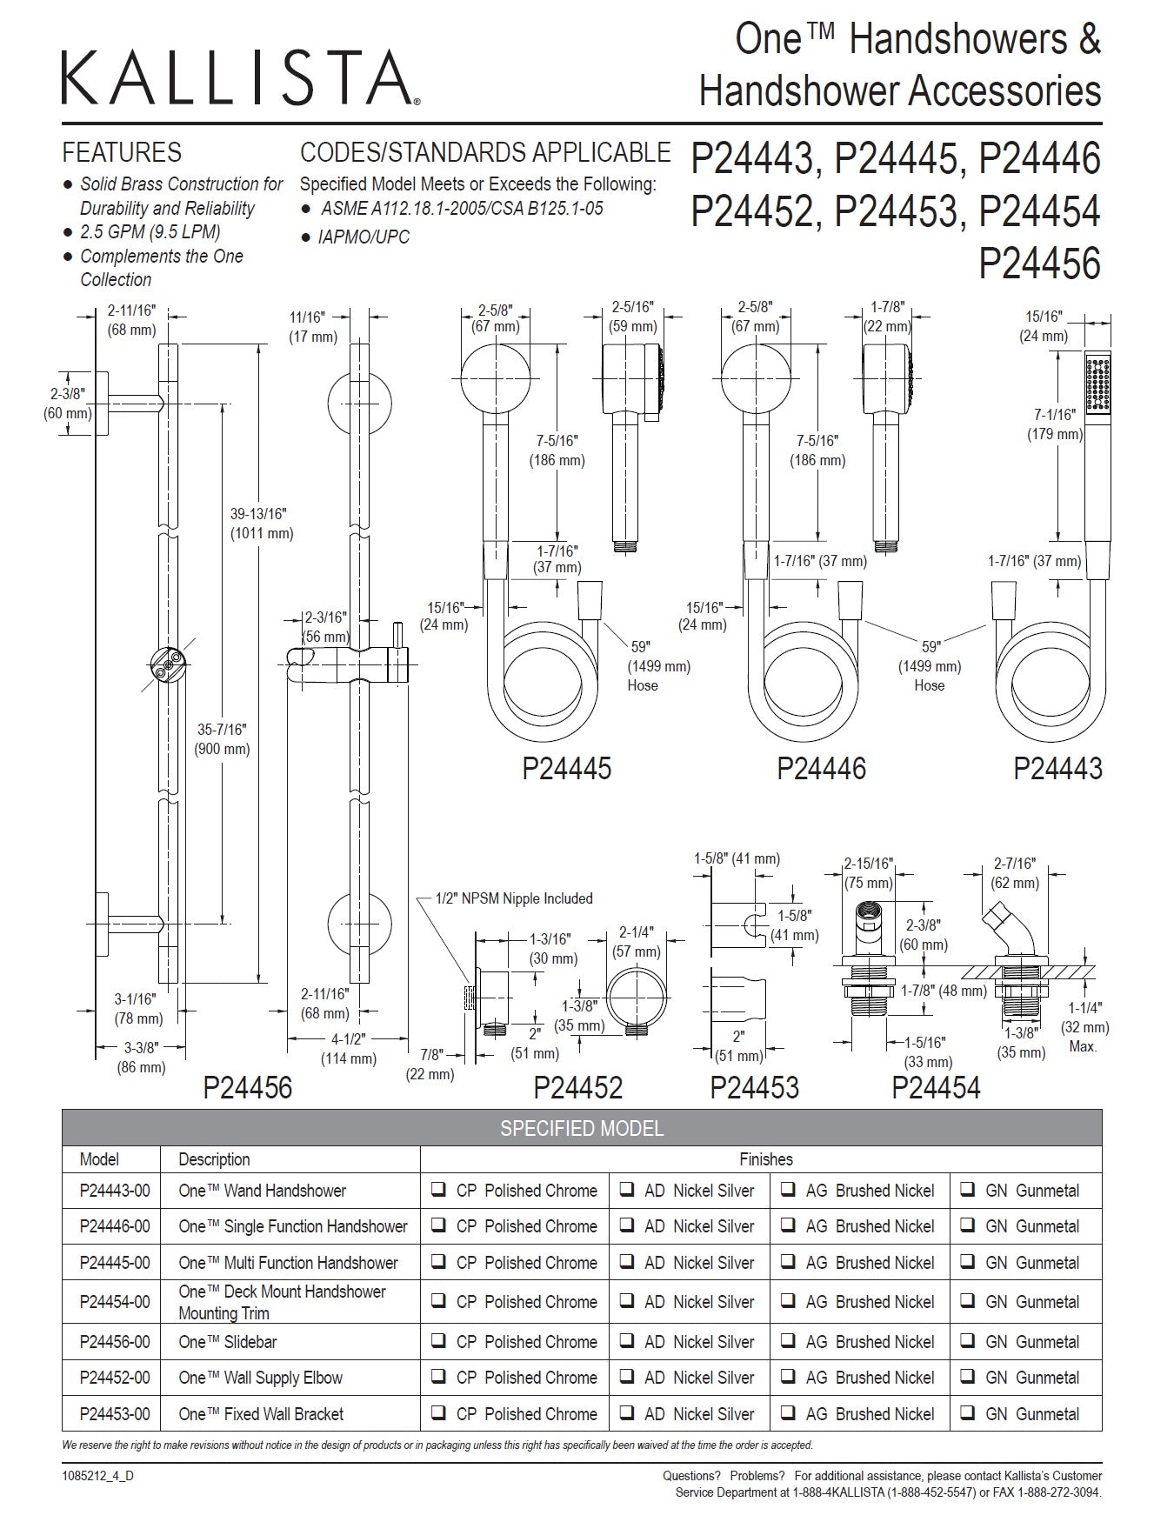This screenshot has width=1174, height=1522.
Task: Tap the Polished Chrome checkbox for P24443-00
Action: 440,1190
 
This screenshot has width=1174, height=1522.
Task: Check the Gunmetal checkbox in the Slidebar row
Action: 967,1341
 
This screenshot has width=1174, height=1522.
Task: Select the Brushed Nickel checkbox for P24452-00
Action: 788,1378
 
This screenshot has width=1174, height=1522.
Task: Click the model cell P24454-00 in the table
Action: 114,1302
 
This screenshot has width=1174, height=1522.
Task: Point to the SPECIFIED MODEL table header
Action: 581,1128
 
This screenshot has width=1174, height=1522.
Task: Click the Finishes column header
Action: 765,1159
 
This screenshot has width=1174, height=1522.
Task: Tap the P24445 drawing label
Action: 566,768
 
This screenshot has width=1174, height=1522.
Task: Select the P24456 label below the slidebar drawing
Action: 247,1087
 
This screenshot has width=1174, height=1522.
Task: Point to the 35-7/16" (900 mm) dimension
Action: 223,739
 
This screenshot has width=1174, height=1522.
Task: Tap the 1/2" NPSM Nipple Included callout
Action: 514,898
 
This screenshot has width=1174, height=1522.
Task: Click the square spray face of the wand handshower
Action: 1098,383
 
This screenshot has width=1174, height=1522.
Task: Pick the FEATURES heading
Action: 122,153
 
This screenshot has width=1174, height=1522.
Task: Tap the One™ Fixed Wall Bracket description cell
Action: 261,1414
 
